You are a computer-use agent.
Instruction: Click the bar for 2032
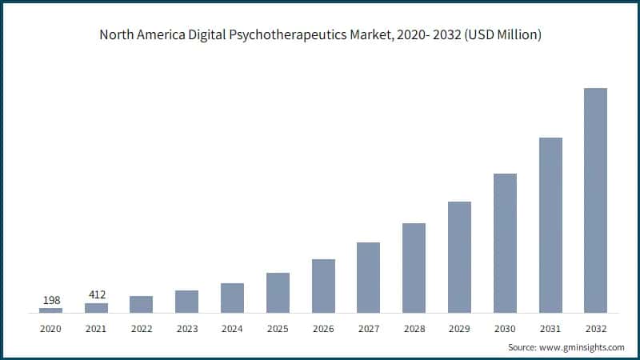595,200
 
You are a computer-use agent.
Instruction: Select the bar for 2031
550,225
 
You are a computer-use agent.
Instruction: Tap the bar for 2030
505,243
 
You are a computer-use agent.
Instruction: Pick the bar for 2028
414,268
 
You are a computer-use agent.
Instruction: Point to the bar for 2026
323,286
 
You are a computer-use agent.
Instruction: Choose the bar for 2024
232,298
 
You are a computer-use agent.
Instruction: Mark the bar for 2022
141,304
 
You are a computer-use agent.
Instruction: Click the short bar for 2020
50,310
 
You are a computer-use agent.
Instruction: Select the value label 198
50,300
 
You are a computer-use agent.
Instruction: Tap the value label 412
96,295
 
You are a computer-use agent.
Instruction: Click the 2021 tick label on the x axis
96,327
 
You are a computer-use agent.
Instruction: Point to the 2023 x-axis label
186,327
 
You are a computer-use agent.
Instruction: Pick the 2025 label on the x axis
278,327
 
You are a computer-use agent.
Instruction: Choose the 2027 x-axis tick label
368,327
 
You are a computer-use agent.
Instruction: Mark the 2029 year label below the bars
459,327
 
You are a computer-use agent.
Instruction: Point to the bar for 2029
459,257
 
